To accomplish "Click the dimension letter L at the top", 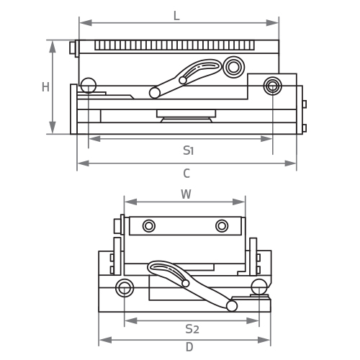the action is point(176,16).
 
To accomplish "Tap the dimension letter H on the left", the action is point(45,87).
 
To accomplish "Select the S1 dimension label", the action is point(188,150).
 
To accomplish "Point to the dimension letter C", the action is point(186,174).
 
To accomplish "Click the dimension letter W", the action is point(186,194).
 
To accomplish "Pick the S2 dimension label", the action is point(192,329).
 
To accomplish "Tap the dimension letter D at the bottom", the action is point(189,347).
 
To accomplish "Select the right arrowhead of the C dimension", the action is point(290,163).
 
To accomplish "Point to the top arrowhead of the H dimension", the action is point(53,47).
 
